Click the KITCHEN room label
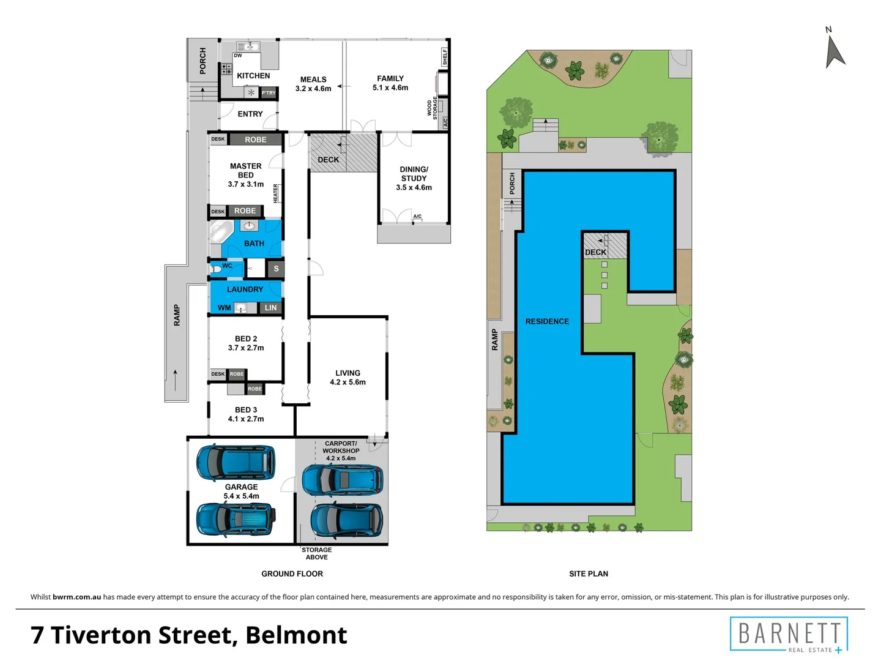pyautogui.click(x=253, y=76)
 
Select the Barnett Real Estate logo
pyautogui.click(x=789, y=635)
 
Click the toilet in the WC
pyautogui.click(x=216, y=269)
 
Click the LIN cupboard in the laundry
pyautogui.click(x=270, y=308)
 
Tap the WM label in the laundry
pyautogui.click(x=224, y=308)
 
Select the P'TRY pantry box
pyautogui.click(x=269, y=93)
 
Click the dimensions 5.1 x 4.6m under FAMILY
pyautogui.click(x=390, y=88)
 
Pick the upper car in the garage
pyautogui.click(x=235, y=462)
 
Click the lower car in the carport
pyautogui.click(x=347, y=521)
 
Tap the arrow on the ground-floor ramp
pyautogui.click(x=176, y=379)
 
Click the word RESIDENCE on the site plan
pyautogui.click(x=547, y=321)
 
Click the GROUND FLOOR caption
pyautogui.click(x=292, y=573)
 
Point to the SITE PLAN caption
pyautogui.click(x=589, y=573)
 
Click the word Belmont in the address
pyautogui.click(x=296, y=635)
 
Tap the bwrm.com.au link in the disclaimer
pyautogui.click(x=76, y=597)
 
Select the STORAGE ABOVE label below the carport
pyautogui.click(x=317, y=553)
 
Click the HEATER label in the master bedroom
pyautogui.click(x=276, y=193)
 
